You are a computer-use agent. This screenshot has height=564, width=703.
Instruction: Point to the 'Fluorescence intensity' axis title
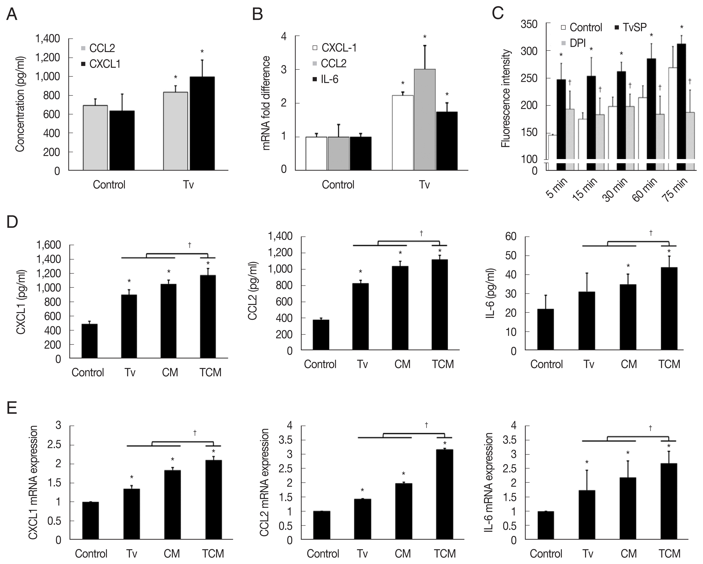pyautogui.click(x=505, y=98)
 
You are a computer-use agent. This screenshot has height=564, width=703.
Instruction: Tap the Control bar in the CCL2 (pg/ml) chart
pyautogui.click(x=321, y=335)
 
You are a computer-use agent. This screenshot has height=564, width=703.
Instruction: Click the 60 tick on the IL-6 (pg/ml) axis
pyautogui.click(x=511, y=236)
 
